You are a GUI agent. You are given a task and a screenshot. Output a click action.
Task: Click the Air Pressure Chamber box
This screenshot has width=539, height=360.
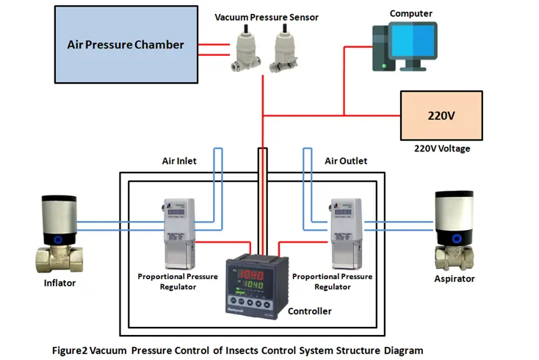point(126,44)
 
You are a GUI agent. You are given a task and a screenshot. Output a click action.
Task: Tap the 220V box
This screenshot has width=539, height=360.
point(441,115)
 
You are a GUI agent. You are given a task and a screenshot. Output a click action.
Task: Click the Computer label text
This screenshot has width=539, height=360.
point(410,13)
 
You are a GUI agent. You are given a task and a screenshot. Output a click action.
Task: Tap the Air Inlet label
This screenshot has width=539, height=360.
point(179,161)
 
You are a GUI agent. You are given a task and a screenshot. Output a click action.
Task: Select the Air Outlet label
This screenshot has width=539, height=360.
point(345,161)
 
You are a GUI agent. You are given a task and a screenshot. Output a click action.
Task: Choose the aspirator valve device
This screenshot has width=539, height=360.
point(456,230)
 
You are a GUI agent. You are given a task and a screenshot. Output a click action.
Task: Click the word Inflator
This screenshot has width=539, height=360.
point(60,283)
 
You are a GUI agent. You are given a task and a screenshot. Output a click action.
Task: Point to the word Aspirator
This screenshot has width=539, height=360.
point(455,278)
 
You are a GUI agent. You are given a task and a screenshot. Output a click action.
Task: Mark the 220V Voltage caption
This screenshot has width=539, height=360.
point(441,148)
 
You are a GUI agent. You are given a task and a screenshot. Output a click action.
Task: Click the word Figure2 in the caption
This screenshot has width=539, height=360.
point(70,350)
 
